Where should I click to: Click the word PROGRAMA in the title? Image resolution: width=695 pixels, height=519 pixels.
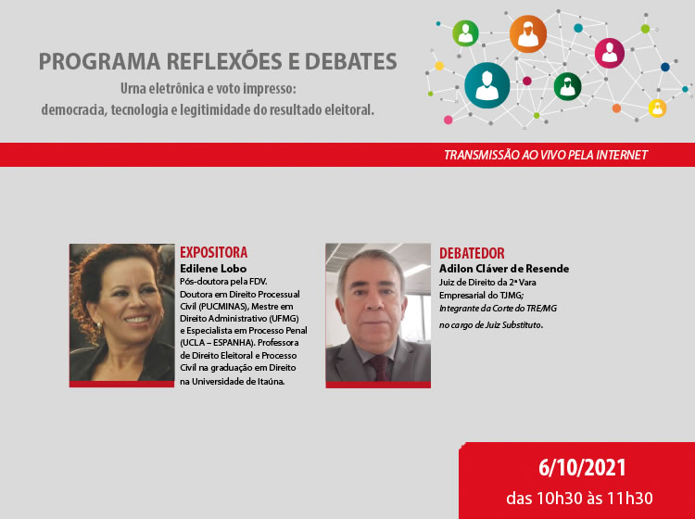pos(99,61)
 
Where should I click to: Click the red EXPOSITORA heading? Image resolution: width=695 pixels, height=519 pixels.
pos(213,253)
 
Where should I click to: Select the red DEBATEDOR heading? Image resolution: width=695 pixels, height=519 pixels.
pos(472,253)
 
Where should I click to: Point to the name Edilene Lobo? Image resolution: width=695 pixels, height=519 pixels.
pos(213,269)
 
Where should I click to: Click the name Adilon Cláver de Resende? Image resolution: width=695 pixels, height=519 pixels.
pos(504,269)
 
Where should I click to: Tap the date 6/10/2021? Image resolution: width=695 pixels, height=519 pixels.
pos(582,468)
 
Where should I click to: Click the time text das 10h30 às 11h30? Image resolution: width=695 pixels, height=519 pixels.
pos(579,499)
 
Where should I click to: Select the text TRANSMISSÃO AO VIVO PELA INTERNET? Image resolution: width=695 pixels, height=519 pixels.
pos(546,155)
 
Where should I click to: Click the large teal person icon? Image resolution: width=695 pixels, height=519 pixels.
pos(486,85)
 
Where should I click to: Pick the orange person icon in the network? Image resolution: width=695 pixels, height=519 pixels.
pos(528,33)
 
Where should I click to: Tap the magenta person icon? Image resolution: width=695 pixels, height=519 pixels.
pos(610,53)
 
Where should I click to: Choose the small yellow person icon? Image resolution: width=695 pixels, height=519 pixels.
pos(657,108)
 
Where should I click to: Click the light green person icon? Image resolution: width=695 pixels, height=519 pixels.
pos(465,33)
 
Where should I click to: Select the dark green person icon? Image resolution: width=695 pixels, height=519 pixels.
pos(567,86)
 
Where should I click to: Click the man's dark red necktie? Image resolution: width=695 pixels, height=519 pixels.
pos(379,368)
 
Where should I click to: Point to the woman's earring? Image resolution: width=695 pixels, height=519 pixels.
pos(98,325)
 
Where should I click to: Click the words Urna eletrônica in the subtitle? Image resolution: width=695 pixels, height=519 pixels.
pos(162,89)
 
